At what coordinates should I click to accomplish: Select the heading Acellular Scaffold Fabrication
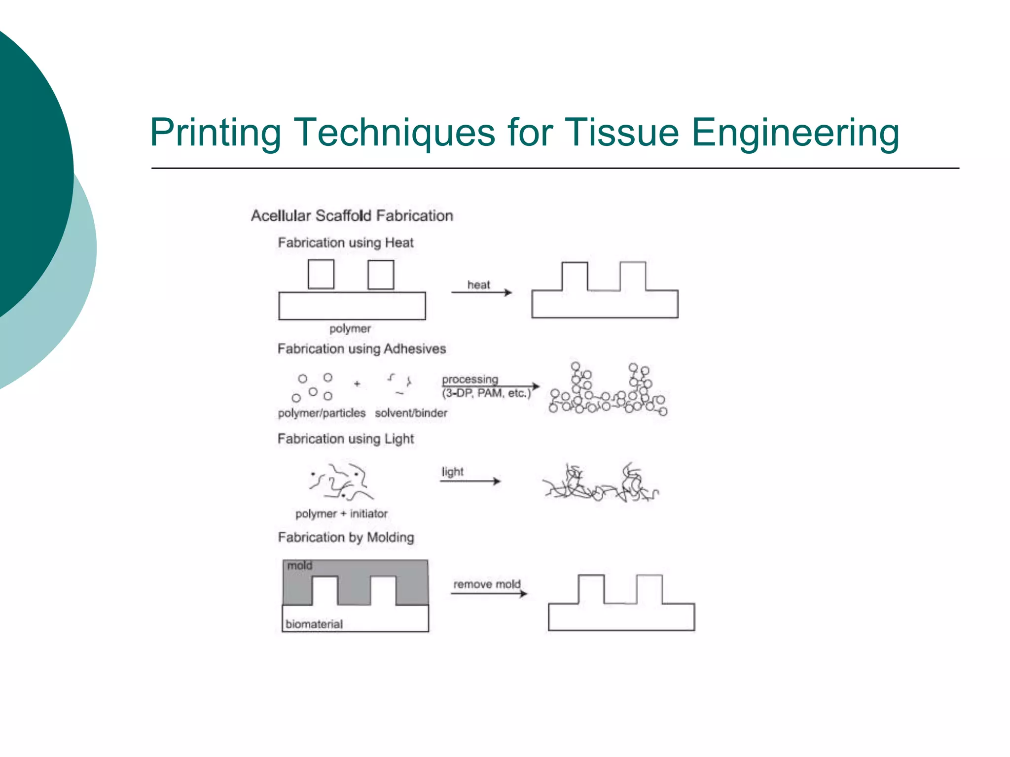click(352, 216)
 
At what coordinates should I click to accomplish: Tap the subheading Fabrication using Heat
click(346, 242)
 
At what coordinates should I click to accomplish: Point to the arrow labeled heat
click(481, 293)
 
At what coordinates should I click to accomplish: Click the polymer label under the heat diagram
click(350, 329)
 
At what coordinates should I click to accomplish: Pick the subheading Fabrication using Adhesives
click(361, 349)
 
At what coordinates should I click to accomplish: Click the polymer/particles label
click(322, 413)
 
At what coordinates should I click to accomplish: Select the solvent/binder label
click(411, 413)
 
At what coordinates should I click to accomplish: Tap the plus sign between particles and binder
click(357, 383)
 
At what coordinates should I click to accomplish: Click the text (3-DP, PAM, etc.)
click(486, 393)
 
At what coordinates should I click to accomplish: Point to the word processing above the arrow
click(470, 379)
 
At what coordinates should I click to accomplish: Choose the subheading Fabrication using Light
click(346, 439)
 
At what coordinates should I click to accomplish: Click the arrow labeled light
click(470, 481)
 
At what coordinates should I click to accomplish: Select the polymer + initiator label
click(341, 514)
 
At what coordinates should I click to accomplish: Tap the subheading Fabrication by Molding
click(346, 537)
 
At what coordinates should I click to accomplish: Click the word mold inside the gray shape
click(299, 566)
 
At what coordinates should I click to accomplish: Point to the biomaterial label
click(314, 624)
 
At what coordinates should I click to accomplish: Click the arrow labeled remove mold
click(488, 593)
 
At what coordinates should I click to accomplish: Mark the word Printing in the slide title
click(216, 133)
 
